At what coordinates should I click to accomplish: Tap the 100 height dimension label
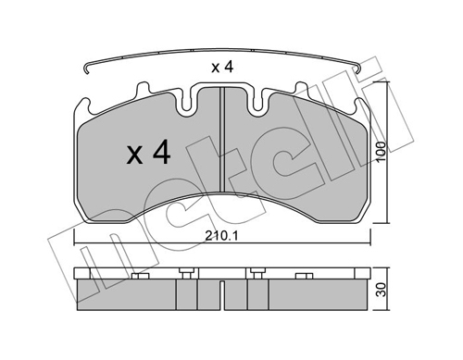[382, 151]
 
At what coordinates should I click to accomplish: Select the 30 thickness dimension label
[382, 290]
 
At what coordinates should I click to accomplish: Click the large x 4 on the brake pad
[148, 153]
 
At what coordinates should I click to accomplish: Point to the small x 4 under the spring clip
[222, 68]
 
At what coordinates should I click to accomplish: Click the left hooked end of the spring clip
[87, 69]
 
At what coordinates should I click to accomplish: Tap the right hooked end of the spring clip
[358, 68]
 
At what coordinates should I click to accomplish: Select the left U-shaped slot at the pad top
[185, 102]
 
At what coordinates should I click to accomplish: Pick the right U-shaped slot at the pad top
[257, 102]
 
